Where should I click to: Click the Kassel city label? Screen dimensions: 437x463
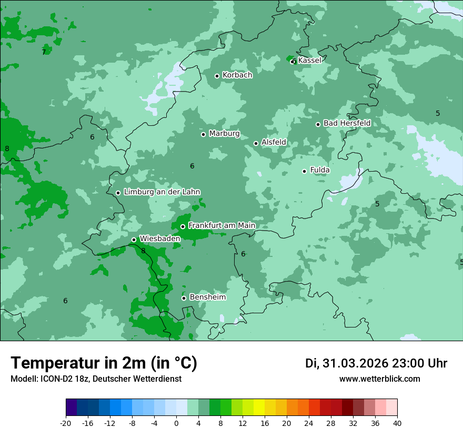[309, 61]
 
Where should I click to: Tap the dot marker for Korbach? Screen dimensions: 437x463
[217, 76]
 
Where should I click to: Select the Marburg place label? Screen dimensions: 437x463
[224, 134]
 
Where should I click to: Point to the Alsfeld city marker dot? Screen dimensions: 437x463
[256, 143]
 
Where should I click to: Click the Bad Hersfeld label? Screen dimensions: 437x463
[347, 123]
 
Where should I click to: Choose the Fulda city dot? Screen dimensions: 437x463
[304, 171]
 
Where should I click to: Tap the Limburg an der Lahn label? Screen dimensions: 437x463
[162, 192]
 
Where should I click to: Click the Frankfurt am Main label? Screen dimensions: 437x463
[222, 226]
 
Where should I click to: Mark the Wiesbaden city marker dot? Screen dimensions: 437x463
[134, 240]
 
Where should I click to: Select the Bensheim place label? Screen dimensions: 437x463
[207, 297]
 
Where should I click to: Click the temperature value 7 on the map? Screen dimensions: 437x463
[44, 52]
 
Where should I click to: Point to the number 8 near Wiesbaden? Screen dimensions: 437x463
[143, 251]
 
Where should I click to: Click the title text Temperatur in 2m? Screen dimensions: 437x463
[104, 363]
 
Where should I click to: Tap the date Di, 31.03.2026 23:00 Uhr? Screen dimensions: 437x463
[376, 363]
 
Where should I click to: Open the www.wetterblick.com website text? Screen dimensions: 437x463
[379, 379]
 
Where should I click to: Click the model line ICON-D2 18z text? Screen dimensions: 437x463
[96, 379]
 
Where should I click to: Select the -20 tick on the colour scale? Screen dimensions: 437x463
[66, 423]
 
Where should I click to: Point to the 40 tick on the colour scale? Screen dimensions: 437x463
[397, 423]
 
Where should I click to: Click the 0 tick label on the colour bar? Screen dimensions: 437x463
[176, 423]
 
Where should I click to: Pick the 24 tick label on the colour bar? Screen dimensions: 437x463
[309, 423]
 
